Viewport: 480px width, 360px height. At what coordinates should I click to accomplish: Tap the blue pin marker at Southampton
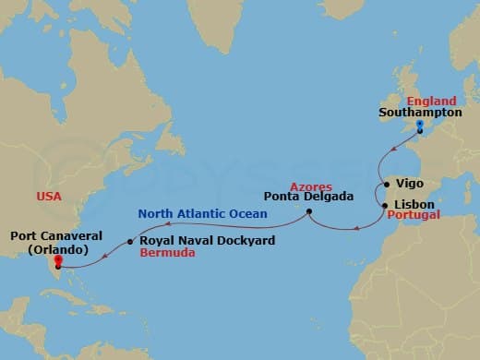point(420,126)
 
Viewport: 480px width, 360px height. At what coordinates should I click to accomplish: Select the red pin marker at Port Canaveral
point(57,269)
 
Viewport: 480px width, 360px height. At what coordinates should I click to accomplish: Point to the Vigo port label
point(409,184)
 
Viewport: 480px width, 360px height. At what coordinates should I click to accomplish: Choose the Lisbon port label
point(413,200)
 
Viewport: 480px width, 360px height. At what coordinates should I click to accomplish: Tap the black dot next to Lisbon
point(386,201)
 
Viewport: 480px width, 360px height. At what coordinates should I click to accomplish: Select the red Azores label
point(312,187)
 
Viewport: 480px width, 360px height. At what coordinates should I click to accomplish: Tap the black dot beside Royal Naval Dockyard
point(130,242)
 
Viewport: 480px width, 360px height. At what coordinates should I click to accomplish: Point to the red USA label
point(50,197)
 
